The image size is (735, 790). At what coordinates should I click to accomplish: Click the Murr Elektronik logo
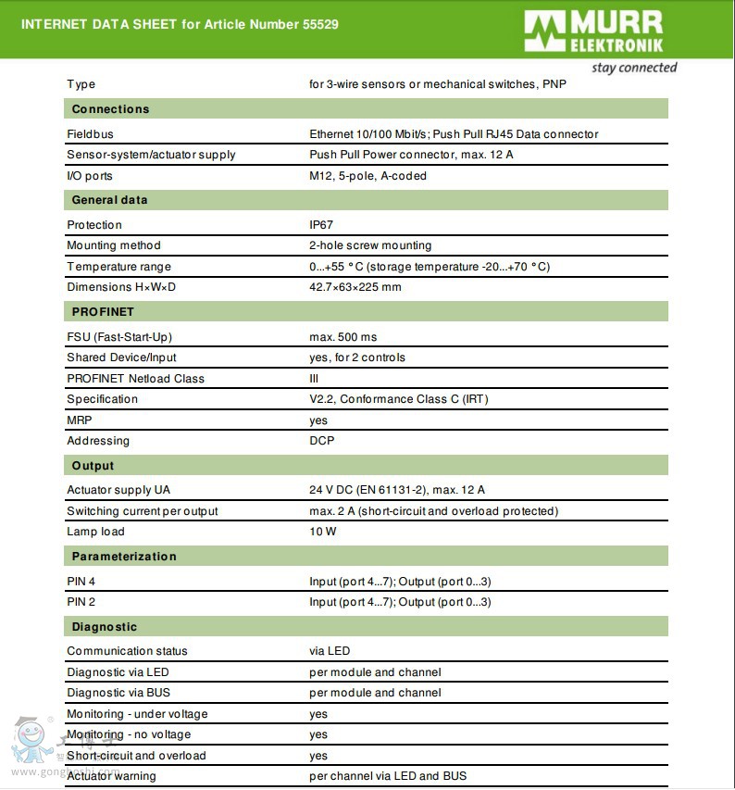tap(593, 31)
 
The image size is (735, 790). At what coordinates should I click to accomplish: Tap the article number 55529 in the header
tap(320, 24)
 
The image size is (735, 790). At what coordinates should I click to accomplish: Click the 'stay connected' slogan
tap(634, 68)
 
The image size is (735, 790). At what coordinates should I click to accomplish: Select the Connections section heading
tap(110, 109)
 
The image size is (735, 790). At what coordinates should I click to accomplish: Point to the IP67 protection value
tap(321, 225)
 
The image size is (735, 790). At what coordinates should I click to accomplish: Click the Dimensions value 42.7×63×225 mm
tap(355, 287)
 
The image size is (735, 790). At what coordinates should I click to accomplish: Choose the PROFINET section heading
tap(103, 312)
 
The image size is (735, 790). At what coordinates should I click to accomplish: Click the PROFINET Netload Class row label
tap(135, 379)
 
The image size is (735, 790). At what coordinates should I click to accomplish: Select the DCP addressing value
tap(322, 441)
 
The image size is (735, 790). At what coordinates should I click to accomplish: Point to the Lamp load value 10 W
tap(323, 532)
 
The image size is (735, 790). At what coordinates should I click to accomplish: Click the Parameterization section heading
tap(124, 557)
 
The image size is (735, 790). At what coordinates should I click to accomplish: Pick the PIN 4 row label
tap(81, 582)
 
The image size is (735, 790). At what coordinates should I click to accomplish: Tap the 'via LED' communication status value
tap(330, 651)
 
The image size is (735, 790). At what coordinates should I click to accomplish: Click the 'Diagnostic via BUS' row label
tap(118, 693)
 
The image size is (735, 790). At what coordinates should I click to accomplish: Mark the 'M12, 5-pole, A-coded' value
tap(367, 176)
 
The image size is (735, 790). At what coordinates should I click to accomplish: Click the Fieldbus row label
tap(90, 134)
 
